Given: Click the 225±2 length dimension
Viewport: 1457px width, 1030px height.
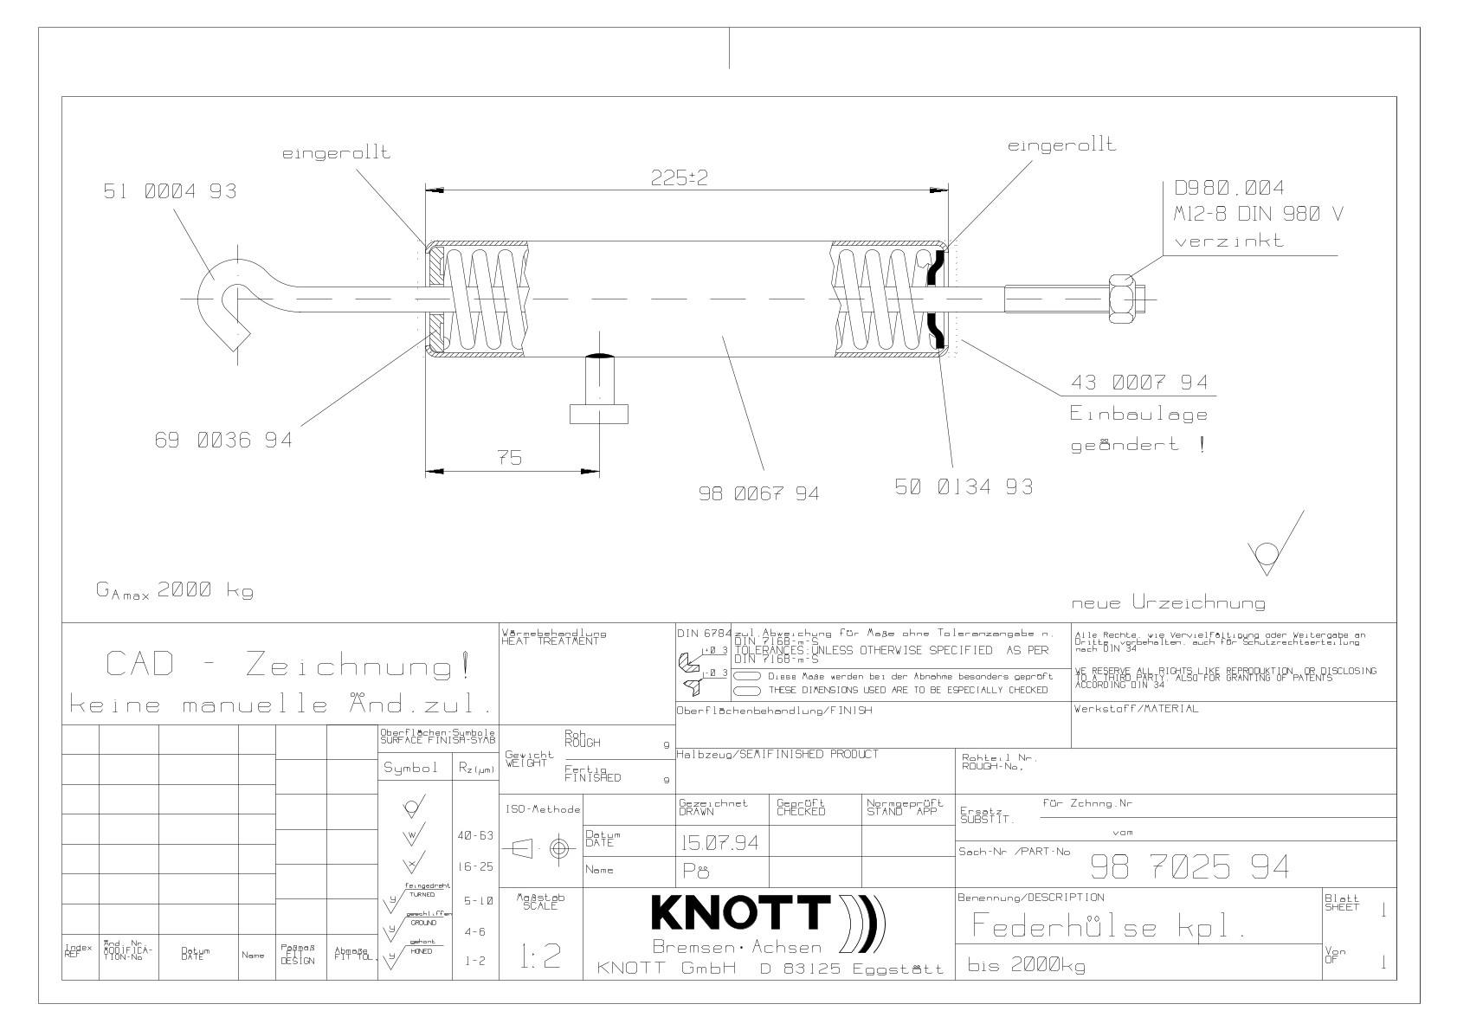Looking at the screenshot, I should coord(679,178).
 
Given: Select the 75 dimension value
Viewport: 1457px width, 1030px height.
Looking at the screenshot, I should coord(510,459).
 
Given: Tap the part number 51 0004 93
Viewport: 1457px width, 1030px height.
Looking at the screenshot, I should coord(169,191).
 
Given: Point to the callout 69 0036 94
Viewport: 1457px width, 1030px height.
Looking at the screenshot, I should coord(223,441).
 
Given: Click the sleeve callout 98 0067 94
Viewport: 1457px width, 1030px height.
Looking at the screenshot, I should coord(758,494).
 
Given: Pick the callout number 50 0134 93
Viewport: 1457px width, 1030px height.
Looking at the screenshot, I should coord(963,487).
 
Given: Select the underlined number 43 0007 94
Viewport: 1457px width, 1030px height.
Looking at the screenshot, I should coord(1139,383).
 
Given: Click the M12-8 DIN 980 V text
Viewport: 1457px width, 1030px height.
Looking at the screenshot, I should coord(1258,215).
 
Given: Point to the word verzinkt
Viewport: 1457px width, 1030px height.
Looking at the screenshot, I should coord(1228,241).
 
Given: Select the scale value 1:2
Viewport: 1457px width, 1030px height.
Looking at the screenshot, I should coord(540,956).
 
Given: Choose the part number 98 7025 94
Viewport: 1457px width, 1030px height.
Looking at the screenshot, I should coord(1189,867).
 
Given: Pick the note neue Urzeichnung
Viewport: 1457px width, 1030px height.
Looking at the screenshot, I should coord(1168,603).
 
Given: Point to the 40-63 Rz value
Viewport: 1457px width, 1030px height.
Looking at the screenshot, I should coord(474,836).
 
